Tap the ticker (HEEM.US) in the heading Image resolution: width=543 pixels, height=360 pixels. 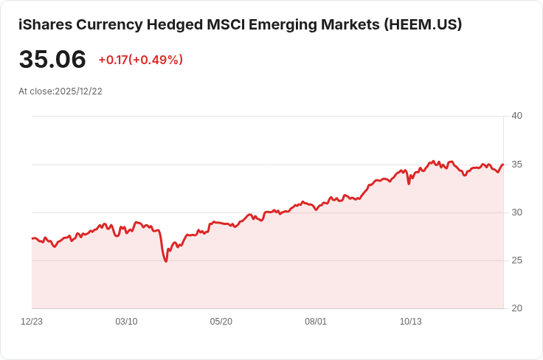click(423, 24)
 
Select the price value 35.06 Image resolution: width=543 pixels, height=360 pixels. click(52, 59)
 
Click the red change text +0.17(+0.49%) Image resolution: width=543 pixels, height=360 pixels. click(140, 60)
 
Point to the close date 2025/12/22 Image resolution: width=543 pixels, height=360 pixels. click(78, 91)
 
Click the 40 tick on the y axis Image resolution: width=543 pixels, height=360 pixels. click(516, 116)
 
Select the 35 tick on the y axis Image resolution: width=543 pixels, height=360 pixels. click(516, 164)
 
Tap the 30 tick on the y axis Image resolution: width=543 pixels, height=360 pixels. click(516, 212)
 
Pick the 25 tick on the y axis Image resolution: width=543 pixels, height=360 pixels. click(516, 260)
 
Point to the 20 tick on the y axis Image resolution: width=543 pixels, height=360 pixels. click(516, 308)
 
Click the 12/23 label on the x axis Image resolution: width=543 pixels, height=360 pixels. click(32, 322)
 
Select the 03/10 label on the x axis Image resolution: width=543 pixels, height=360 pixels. click(126, 322)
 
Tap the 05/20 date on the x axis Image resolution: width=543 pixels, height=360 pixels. click(221, 322)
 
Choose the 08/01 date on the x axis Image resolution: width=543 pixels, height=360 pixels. click(316, 322)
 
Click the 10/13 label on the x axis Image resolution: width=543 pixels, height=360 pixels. click(410, 322)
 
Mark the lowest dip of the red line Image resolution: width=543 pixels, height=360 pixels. click(166, 261)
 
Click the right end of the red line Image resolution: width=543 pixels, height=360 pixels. click(503, 165)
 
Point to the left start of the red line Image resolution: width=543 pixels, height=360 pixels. click(32, 238)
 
